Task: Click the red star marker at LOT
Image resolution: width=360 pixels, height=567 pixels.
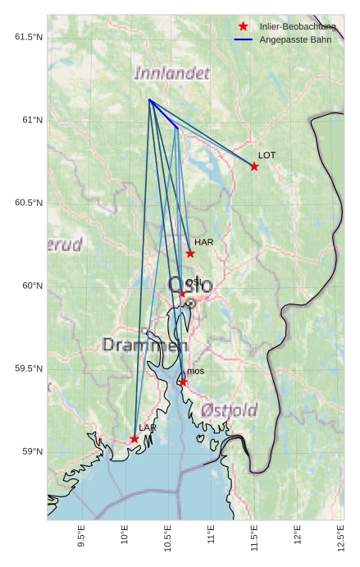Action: click(x=254, y=167)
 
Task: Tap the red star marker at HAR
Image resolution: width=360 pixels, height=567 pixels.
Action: click(x=190, y=254)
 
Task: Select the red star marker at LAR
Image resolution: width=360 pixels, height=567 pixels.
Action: click(x=134, y=439)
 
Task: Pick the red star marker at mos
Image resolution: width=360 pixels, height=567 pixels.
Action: click(x=183, y=382)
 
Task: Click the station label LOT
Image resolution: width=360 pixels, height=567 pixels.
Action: click(x=267, y=155)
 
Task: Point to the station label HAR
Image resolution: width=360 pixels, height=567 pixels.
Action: click(x=203, y=242)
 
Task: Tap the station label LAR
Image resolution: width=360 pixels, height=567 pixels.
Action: click(x=148, y=428)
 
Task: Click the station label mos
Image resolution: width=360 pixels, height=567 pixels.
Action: click(x=195, y=372)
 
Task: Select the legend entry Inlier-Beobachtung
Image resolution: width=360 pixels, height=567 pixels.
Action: click(x=297, y=27)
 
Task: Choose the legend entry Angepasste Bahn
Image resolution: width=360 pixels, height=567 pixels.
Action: click(x=294, y=39)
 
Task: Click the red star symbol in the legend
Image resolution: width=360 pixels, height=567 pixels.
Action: click(x=243, y=27)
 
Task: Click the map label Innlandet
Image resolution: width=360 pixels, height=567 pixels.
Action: click(x=171, y=74)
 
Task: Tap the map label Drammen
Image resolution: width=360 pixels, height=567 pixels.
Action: click(x=144, y=345)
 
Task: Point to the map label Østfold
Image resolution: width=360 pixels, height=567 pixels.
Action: click(x=229, y=409)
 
